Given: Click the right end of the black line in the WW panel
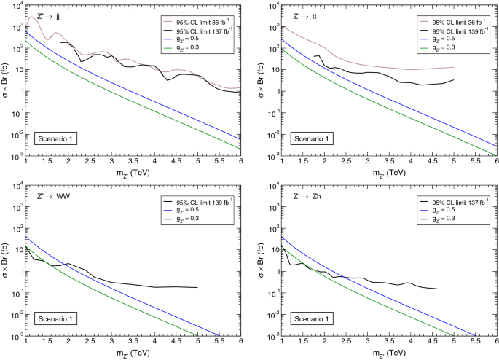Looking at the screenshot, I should [x=197, y=287].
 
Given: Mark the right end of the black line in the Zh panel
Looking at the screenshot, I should [x=436, y=289].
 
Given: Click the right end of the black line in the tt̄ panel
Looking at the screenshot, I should [x=454, y=79].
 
